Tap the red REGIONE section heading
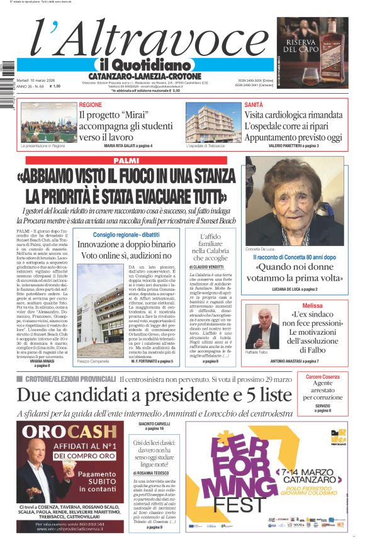point(91,104)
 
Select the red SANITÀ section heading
point(254,104)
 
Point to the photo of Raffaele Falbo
point(262,327)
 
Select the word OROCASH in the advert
point(60,432)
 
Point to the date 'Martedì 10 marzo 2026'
point(37,81)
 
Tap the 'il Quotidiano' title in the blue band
point(144,65)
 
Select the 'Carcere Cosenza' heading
point(323,377)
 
